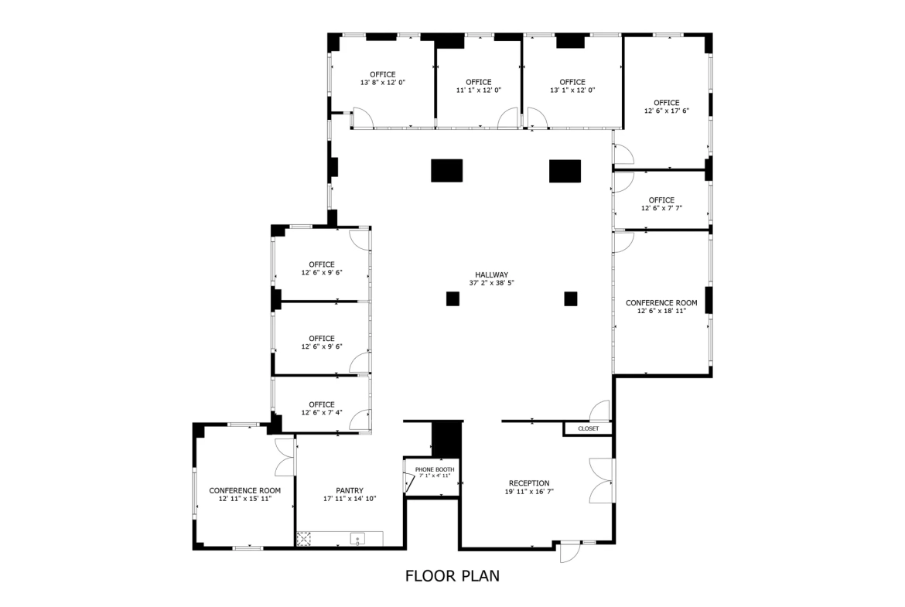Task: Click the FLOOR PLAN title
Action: pyautogui.click(x=452, y=576)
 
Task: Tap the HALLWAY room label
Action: pyautogui.click(x=492, y=275)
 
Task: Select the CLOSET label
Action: pyautogui.click(x=588, y=428)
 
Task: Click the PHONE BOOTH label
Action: pyautogui.click(x=435, y=469)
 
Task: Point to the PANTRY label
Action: pyautogui.click(x=350, y=490)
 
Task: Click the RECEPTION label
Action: pyautogui.click(x=529, y=483)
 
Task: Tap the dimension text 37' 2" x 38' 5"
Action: pyautogui.click(x=492, y=283)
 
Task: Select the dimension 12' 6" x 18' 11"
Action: pyautogui.click(x=661, y=311)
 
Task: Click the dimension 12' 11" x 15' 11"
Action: pyautogui.click(x=245, y=499)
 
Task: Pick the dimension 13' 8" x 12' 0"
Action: pyautogui.click(x=383, y=83)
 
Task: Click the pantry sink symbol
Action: pyautogui.click(x=358, y=539)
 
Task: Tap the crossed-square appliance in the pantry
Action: pyautogui.click(x=303, y=539)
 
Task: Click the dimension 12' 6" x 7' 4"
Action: pyautogui.click(x=322, y=413)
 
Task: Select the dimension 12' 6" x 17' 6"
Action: pyautogui.click(x=667, y=111)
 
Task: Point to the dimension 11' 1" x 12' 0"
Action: pyautogui.click(x=479, y=90)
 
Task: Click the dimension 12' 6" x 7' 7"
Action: pyautogui.click(x=661, y=208)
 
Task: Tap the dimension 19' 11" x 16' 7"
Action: pyautogui.click(x=529, y=492)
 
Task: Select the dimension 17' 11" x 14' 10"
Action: pyautogui.click(x=350, y=499)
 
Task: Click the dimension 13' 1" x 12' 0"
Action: pyautogui.click(x=572, y=90)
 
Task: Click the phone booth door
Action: pyautogui.click(x=410, y=483)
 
